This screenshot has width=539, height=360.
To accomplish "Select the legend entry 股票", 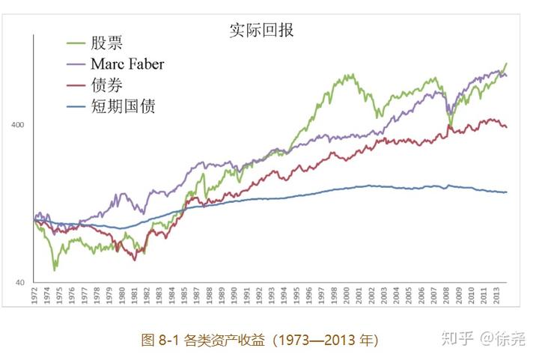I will coord(104,43).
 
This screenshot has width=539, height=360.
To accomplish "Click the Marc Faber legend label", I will coord(127,64).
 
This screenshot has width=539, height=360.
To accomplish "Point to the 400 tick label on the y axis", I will coord(17,124).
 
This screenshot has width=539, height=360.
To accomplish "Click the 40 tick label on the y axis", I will coord(20,282).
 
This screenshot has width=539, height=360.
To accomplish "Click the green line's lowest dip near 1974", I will coord(54,269).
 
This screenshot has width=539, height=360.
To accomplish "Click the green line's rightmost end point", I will coord(507,64).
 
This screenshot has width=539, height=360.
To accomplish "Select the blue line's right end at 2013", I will coord(507,192).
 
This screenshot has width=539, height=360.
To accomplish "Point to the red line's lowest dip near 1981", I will coord(134,260).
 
